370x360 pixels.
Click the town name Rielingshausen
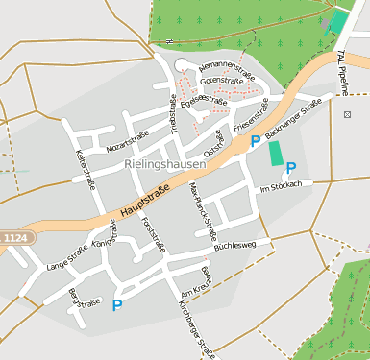[x=165, y=165]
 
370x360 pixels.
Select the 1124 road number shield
[x=14, y=237]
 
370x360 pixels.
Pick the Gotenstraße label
[x=222, y=81]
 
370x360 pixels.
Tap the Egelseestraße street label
[x=203, y=100]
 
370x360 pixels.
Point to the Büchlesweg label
[x=234, y=246]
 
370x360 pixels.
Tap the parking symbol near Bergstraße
[x=117, y=306]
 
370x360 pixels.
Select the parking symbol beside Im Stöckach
[x=291, y=168]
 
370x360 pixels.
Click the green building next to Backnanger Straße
[x=277, y=152]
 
